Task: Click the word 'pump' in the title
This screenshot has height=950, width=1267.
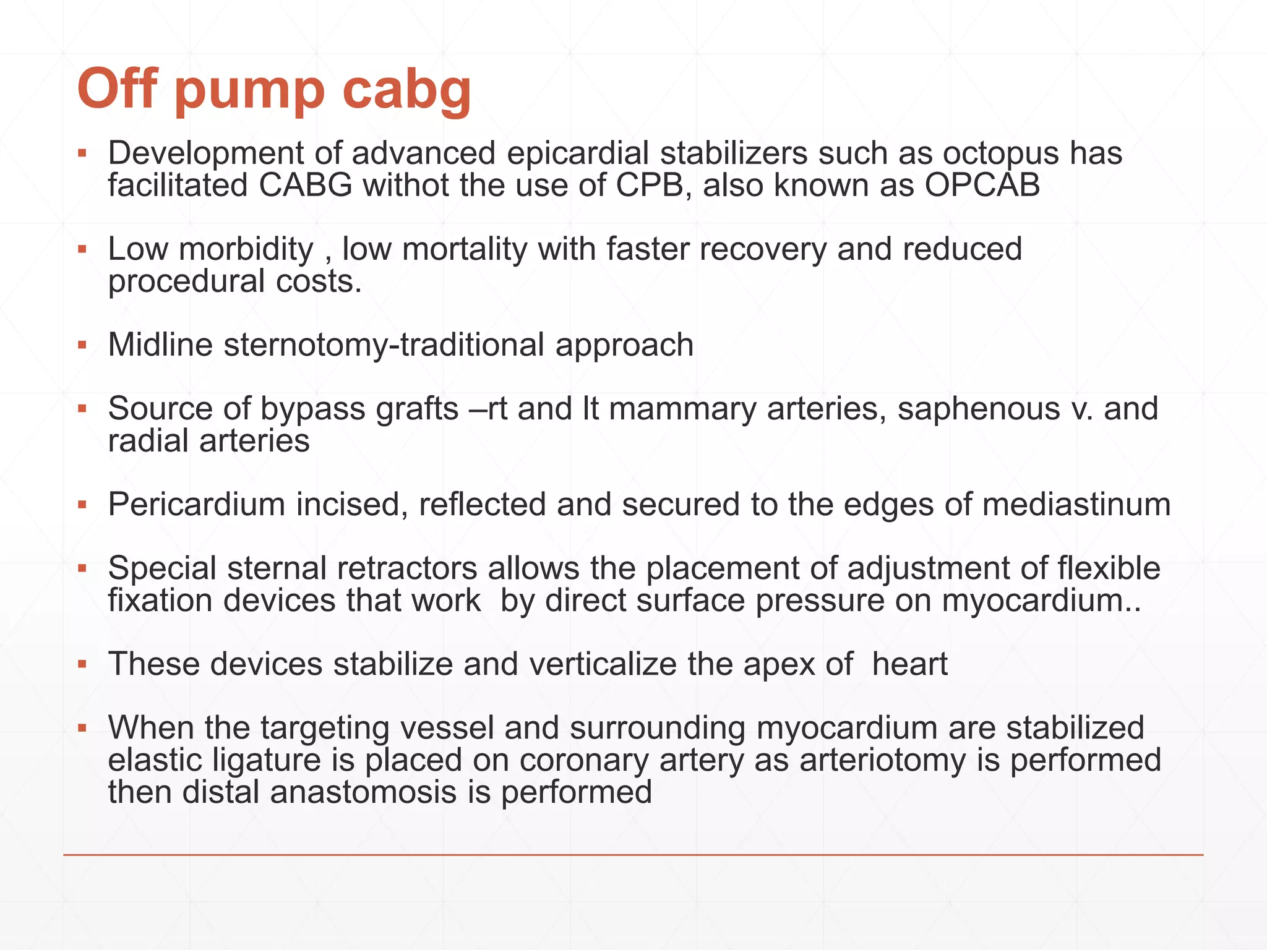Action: [249, 92]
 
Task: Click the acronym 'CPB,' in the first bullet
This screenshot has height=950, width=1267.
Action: [654, 186]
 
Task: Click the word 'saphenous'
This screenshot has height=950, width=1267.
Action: [978, 409]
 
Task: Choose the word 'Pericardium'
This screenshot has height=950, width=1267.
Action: [196, 505]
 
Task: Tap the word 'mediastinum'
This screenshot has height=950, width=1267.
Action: [1076, 505]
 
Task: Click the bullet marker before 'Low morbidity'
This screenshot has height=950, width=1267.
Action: [82, 250]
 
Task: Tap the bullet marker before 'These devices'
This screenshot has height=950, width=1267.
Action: [82, 665]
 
